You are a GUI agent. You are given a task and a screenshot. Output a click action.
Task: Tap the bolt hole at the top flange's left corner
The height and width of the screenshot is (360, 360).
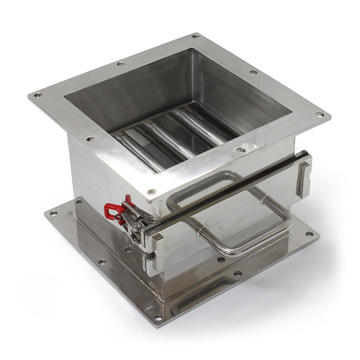pos(37,95)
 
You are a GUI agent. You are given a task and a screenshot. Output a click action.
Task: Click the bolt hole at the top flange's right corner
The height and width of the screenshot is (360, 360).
pos(319,114)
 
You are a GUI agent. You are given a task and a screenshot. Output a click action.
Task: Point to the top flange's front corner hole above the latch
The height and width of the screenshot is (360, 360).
pos(151,192)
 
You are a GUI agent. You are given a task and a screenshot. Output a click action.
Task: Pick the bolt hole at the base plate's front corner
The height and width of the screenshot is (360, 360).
pos(158,317)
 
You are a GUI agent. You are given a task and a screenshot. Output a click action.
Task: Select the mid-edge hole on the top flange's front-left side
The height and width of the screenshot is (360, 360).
pos(90,139)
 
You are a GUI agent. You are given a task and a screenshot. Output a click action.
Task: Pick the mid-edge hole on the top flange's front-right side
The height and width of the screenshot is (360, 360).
pos(240,149)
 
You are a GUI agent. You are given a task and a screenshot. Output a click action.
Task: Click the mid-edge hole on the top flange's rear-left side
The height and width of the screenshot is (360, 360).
pos(120,63)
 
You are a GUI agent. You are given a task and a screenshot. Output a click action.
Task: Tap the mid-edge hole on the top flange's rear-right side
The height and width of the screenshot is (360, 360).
pos(253,72)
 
